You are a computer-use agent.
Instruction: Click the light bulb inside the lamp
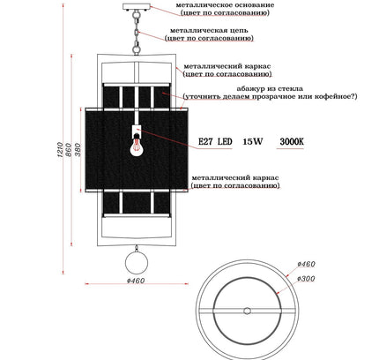[x=136, y=146]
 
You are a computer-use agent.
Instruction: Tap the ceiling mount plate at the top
[x=136, y=6]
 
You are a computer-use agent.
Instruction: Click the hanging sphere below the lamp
[x=137, y=263]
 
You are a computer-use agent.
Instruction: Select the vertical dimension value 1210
[x=60, y=149]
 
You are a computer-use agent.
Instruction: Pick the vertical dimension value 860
[x=69, y=150]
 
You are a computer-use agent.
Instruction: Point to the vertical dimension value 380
[x=78, y=150]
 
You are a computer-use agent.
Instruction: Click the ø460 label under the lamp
[x=136, y=281]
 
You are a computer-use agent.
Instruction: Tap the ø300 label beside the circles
[x=306, y=278]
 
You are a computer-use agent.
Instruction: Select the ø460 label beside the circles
[x=306, y=264]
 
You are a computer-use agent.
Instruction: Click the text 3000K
[x=292, y=142]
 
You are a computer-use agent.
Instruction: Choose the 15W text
[x=253, y=142]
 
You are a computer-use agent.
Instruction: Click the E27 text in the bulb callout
[x=205, y=142]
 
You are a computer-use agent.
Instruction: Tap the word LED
[x=225, y=142]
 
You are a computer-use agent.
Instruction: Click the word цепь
[x=238, y=31]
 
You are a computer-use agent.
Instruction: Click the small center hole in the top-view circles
[x=247, y=311]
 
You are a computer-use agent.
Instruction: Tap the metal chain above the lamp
[x=137, y=33]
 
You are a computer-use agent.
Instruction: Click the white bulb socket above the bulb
[x=137, y=130]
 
